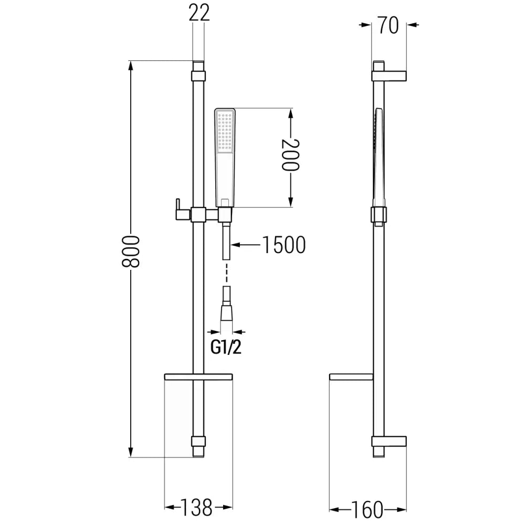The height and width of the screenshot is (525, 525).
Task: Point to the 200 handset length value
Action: click(x=289, y=155)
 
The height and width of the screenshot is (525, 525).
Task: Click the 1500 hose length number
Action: click(x=283, y=245)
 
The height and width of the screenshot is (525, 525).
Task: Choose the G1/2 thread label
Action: click(x=226, y=347)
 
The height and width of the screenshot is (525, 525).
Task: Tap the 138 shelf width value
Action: click(x=197, y=507)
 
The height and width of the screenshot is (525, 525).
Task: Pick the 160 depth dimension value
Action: click(x=367, y=509)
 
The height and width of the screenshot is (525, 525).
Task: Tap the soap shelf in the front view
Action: click(x=198, y=376)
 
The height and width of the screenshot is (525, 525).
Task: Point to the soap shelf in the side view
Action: click(x=351, y=376)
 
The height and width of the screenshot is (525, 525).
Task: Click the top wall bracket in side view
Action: click(x=390, y=75)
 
